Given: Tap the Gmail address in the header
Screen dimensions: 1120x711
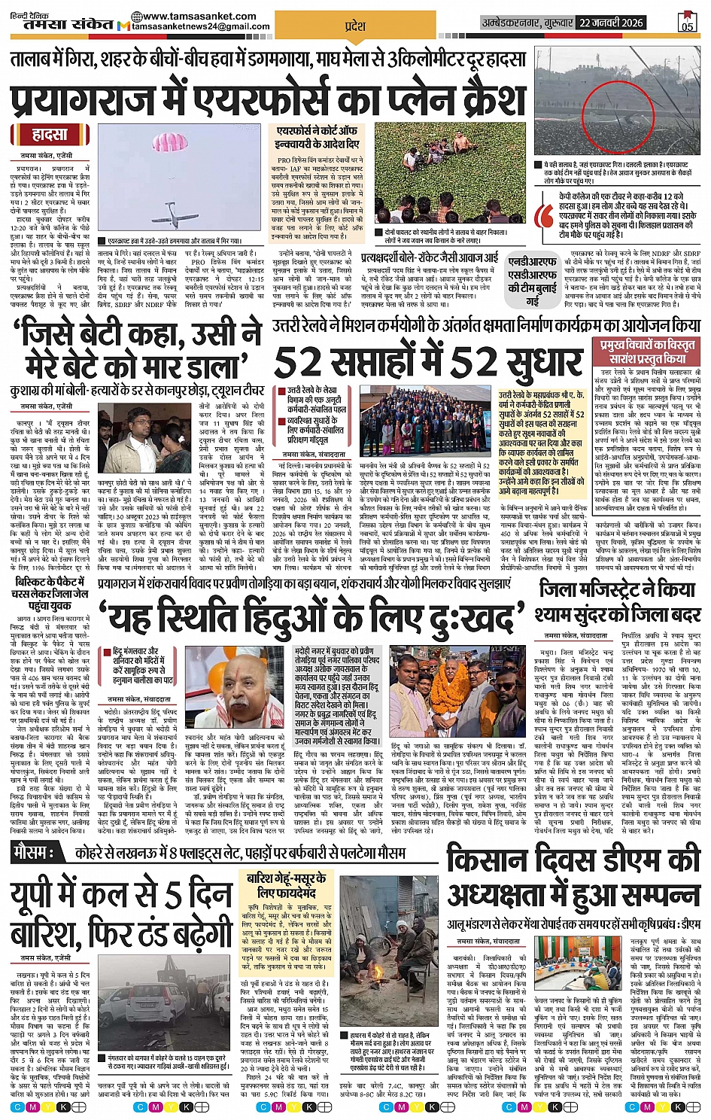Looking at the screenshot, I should (x=201, y=26).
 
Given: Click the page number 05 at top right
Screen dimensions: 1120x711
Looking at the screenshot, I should (x=687, y=26).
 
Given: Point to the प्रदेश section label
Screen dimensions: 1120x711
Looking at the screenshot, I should (x=355, y=26).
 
